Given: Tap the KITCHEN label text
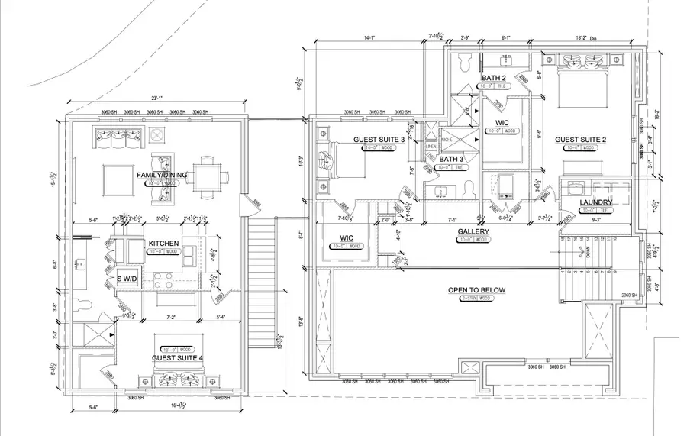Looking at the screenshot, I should point(163,244).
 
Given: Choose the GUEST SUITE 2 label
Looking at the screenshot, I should point(580,140).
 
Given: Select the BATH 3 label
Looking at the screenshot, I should point(451,160).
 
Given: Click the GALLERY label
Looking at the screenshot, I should point(473,231).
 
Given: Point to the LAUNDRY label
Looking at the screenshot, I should point(596,202).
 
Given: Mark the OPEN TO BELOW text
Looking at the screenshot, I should point(477,290).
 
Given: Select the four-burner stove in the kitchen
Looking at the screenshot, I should point(163,279).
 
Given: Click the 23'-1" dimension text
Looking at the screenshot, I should point(158,99).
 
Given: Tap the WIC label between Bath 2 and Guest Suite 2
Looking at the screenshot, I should point(502,122).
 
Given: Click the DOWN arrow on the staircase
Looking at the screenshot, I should point(585,249).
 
